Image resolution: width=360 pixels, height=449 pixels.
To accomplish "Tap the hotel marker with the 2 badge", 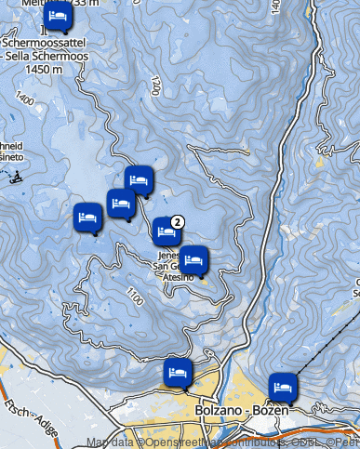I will (167, 231).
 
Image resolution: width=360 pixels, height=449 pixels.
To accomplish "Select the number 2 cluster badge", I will (179, 221).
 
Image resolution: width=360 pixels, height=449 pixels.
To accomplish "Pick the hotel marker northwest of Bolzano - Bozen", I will (177, 372).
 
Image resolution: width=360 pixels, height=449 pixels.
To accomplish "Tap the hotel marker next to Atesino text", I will (194, 260).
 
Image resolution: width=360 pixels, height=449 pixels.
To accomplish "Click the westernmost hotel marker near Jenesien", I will (87, 218).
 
